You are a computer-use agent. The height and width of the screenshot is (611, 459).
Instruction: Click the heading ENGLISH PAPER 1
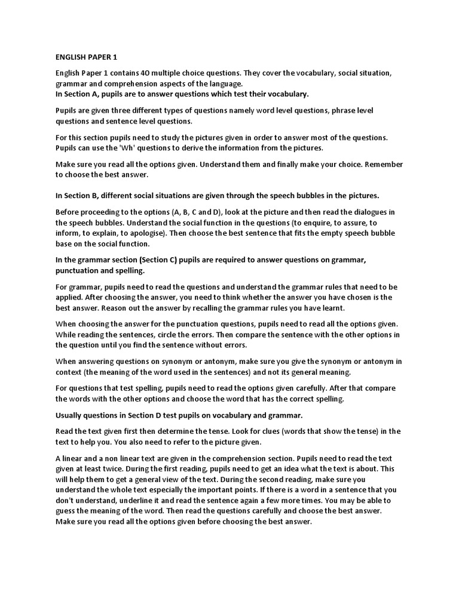(x=86, y=57)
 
